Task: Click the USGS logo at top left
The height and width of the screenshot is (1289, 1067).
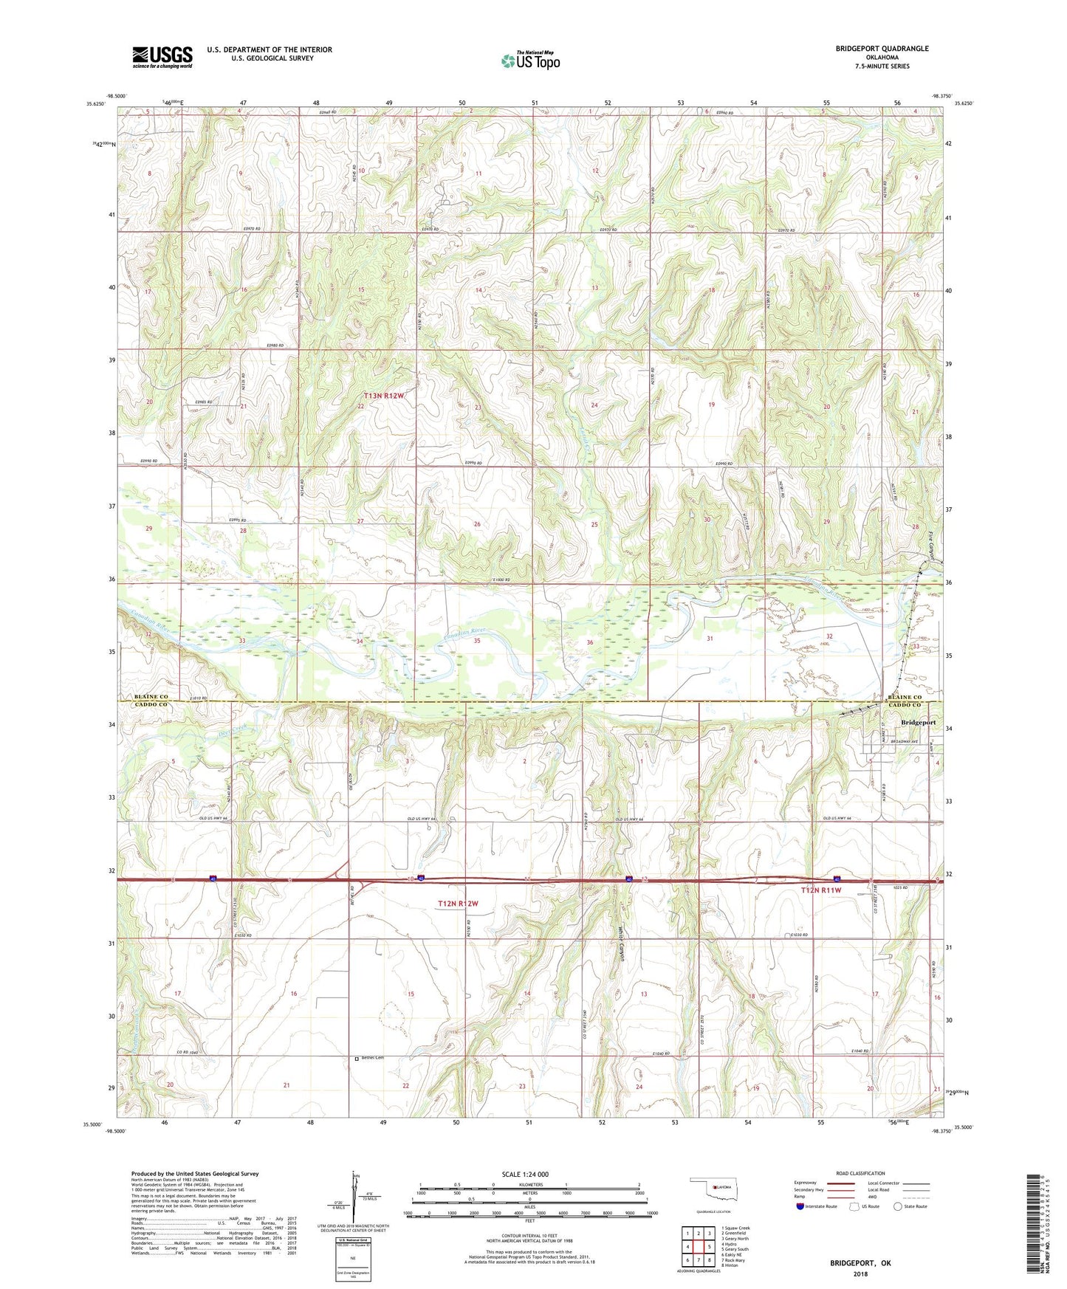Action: (162, 57)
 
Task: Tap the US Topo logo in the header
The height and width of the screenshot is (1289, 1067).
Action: (530, 61)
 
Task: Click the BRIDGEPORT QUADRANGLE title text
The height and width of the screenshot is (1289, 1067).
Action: (882, 49)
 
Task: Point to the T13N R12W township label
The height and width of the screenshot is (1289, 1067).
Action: (384, 396)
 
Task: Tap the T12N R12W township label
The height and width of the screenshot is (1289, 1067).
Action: (458, 904)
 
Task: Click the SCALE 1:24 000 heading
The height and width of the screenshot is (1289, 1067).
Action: (525, 1174)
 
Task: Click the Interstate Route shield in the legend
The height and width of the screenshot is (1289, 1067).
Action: (800, 1206)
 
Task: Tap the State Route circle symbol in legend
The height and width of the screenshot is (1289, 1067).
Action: (897, 1206)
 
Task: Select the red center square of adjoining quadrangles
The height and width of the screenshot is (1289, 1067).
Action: (698, 1247)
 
